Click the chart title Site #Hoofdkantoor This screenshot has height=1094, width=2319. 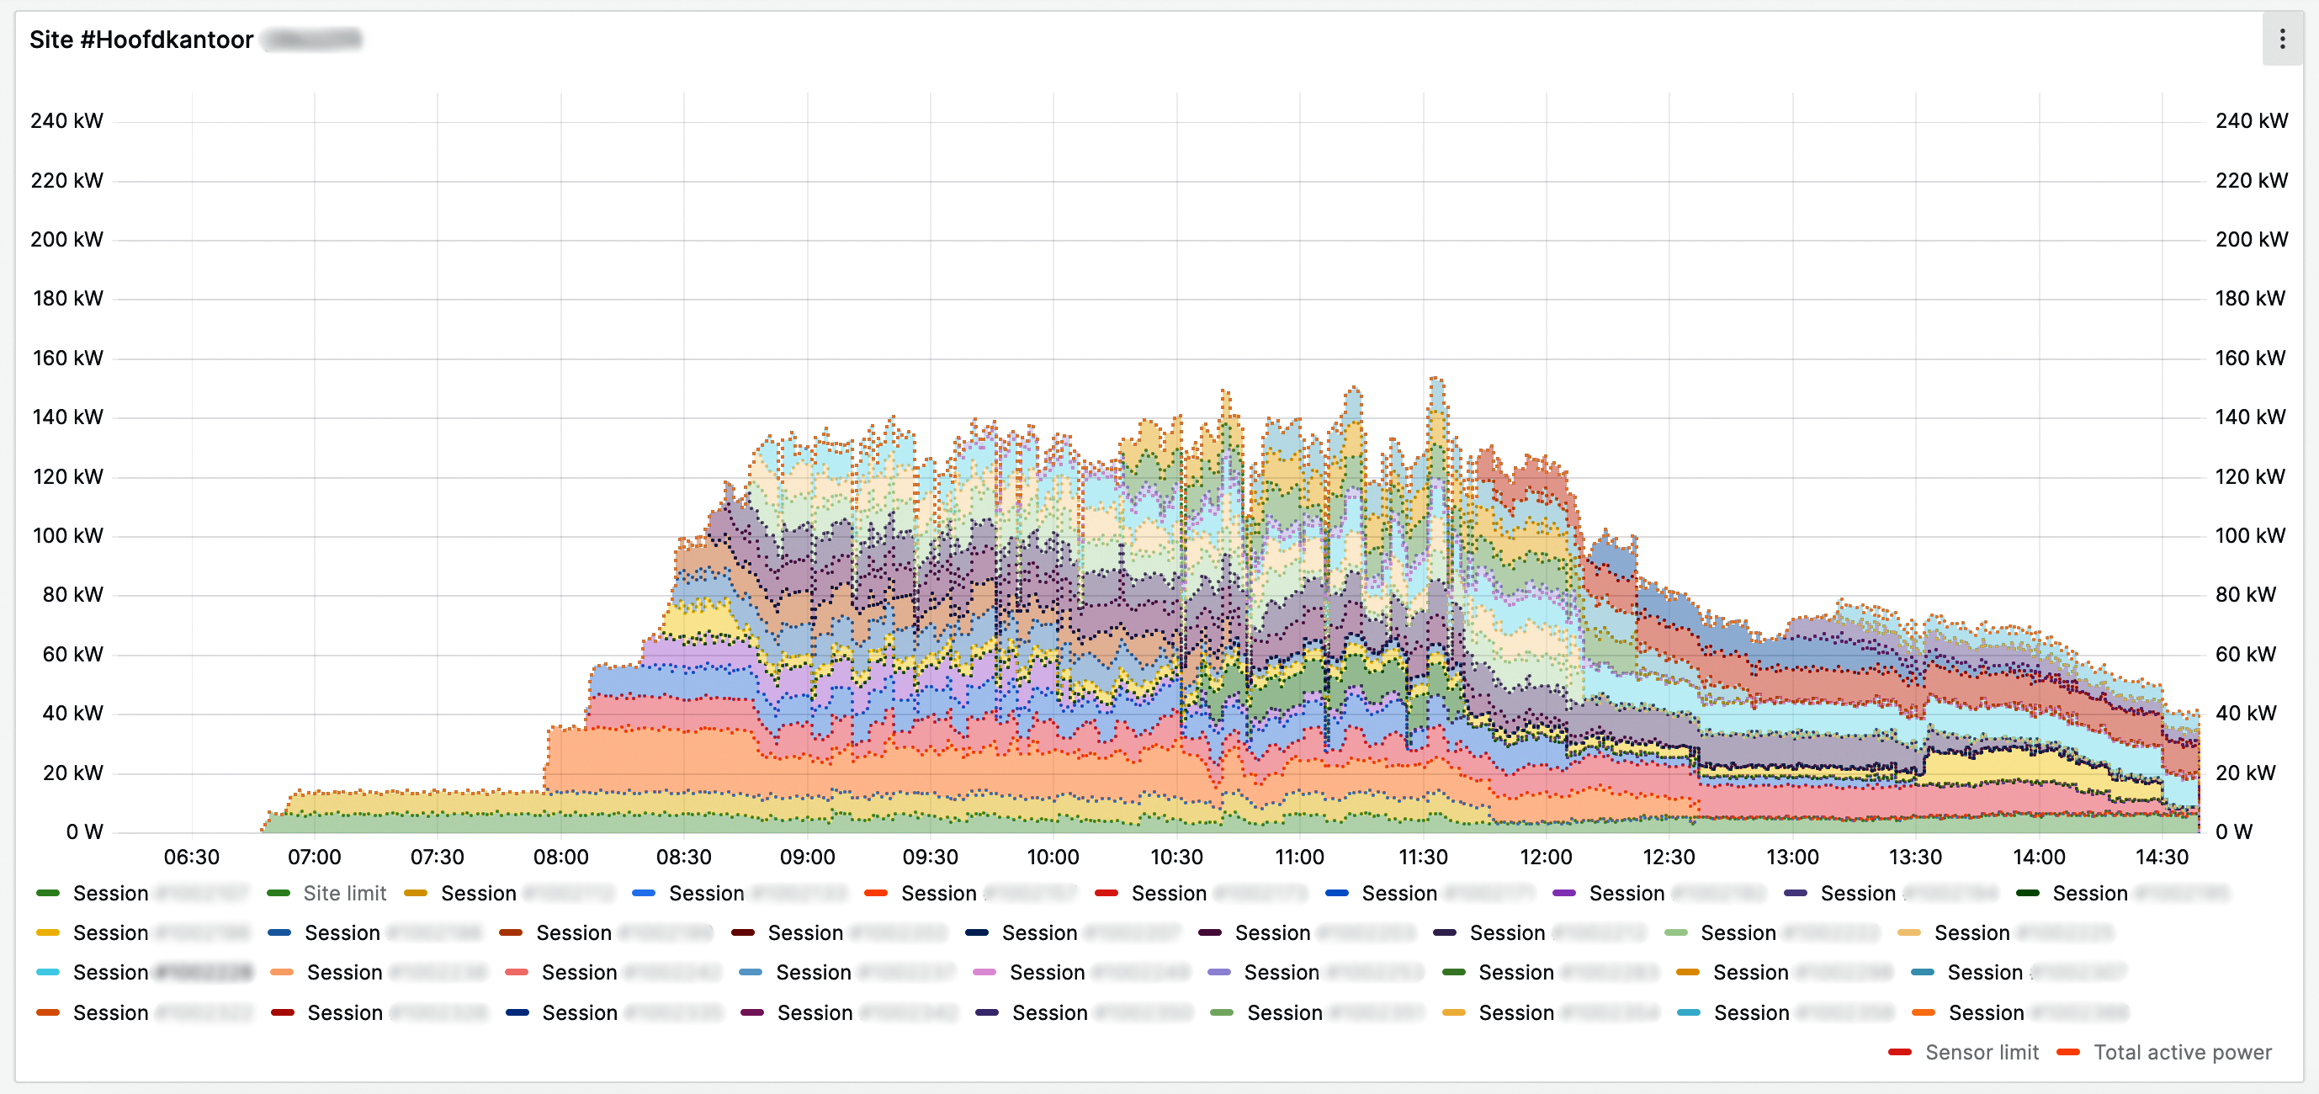[141, 40]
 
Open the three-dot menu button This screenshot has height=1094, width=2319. [2281, 39]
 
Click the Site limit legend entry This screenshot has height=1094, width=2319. [344, 893]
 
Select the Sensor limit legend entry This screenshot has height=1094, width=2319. [1982, 1052]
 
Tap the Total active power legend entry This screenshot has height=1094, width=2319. [2182, 1052]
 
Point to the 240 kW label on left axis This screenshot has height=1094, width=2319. [66, 120]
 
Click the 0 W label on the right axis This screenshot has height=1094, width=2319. [2233, 831]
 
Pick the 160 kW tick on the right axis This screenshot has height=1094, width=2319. [2250, 358]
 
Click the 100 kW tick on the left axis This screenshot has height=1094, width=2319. [67, 536]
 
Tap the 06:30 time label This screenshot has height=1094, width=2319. [192, 857]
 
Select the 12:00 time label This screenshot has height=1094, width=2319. [1546, 857]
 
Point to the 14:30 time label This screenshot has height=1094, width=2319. [2162, 857]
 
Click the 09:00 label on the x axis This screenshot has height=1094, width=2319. [807, 857]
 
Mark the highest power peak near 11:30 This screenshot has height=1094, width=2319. [1435, 379]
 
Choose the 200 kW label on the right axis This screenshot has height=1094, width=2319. [2251, 240]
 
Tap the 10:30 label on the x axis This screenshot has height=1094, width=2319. [1176, 857]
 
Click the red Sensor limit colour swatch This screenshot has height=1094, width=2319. [1899, 1052]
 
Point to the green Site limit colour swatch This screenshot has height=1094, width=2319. [279, 893]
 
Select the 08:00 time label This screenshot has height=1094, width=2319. [561, 857]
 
